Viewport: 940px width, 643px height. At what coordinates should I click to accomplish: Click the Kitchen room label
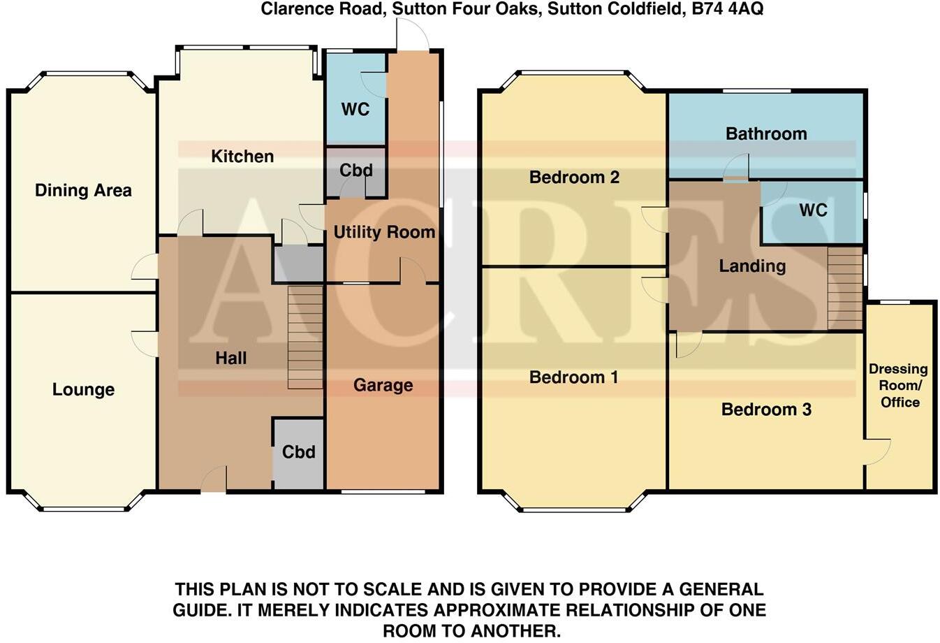click(x=242, y=157)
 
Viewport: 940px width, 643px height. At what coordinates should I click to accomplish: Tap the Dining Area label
click(x=83, y=190)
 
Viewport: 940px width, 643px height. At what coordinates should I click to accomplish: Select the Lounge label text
click(x=83, y=389)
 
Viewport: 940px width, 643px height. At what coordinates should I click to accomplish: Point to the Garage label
click(x=383, y=385)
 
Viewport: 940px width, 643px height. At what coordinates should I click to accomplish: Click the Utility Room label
click(x=384, y=232)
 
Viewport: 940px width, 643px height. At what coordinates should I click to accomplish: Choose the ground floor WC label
click(x=355, y=110)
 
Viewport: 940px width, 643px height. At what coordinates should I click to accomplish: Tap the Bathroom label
click(x=766, y=133)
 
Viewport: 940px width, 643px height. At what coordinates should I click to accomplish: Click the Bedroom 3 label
click(x=766, y=410)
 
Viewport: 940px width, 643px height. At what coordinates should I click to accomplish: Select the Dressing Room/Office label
click(x=899, y=385)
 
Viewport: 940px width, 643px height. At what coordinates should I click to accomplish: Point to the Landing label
click(x=752, y=266)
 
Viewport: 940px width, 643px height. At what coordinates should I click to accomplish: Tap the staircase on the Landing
click(x=845, y=288)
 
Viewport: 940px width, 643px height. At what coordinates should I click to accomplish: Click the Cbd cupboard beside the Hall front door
click(x=298, y=452)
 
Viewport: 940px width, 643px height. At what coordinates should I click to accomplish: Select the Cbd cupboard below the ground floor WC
click(x=355, y=171)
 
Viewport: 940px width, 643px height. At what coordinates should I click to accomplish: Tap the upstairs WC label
click(x=813, y=210)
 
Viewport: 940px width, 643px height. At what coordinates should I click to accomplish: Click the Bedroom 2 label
click(x=574, y=178)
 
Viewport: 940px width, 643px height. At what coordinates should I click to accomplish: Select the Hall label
click(x=230, y=359)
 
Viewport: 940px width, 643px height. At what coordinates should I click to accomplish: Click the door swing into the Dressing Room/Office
click(x=878, y=451)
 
